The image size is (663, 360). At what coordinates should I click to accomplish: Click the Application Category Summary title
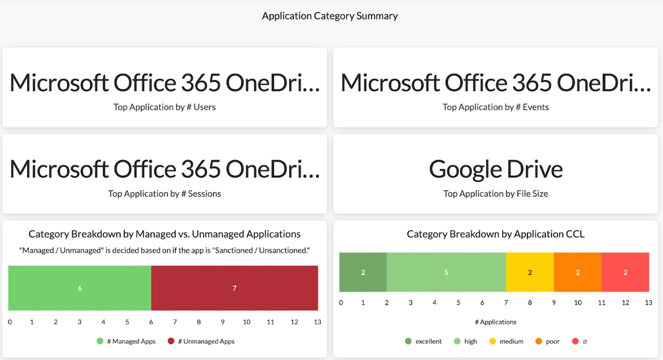pos(330,16)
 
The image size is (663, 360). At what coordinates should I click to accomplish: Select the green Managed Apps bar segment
pos(80,288)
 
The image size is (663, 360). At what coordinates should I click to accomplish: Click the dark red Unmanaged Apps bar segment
pos(234,288)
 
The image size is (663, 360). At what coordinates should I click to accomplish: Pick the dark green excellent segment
pos(363,272)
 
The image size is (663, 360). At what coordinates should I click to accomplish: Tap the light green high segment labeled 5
pos(446,272)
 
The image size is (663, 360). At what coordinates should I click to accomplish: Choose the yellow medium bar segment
pos(530,272)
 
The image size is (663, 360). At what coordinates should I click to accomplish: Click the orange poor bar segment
pos(578,272)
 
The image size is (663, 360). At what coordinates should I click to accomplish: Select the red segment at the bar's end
pos(625,272)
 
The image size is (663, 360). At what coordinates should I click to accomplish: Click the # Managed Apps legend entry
pos(127,341)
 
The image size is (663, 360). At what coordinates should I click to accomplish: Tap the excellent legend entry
pos(423,341)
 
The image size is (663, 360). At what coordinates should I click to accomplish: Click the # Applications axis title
pos(495,322)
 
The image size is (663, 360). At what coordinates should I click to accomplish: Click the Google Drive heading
pos(495,169)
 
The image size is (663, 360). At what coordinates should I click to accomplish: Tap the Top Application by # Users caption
pos(164,107)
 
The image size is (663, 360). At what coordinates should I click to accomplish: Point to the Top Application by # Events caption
pos(495,107)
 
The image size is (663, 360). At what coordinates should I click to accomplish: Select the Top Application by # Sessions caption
pos(164,194)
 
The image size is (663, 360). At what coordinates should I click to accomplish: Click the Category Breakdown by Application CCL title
pos(495,234)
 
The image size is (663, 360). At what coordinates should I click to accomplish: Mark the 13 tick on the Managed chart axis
pos(318,322)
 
